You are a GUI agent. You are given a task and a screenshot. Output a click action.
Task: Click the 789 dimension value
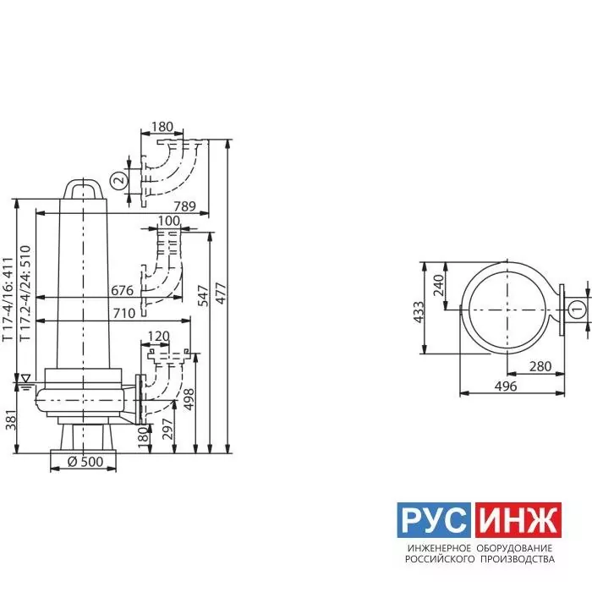coord(184,206)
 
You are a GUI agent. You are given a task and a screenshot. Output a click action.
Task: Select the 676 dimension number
coord(123,290)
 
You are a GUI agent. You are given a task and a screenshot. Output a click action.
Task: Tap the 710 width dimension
coord(124,313)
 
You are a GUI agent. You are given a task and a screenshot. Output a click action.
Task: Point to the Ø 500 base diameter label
coord(85,462)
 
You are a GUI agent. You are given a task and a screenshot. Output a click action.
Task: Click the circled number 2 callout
coord(120,180)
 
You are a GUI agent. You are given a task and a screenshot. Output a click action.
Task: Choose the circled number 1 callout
coord(577,310)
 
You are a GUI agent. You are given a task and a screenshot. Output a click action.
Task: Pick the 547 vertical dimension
coord(203,296)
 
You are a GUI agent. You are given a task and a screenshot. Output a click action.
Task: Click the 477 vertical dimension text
coord(221,293)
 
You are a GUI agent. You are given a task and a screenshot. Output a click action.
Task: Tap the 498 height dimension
coord(189,399)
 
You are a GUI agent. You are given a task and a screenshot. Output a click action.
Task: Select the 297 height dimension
coord(167,429)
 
